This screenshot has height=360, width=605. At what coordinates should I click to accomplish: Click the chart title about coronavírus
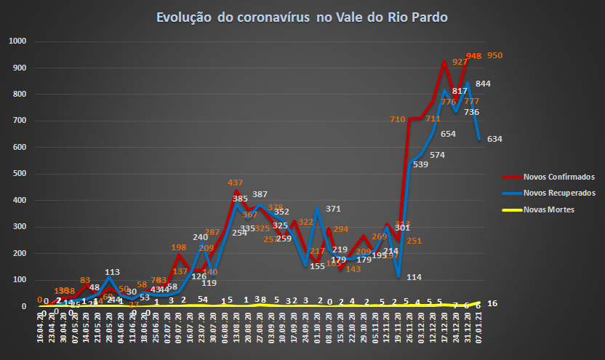(302, 16)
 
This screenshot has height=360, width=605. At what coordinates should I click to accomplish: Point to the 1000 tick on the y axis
(16, 41)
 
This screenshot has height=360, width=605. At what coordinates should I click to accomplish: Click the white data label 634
(495, 139)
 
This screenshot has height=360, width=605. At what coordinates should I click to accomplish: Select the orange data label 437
(236, 183)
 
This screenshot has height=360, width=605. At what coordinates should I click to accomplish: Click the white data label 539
(420, 164)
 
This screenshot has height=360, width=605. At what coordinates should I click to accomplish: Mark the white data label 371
(333, 209)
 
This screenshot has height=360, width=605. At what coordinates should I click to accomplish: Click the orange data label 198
(180, 248)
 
